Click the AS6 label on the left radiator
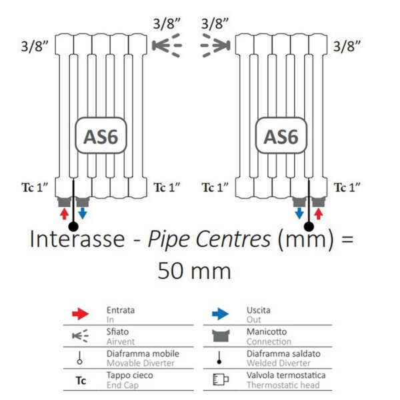point(101,136)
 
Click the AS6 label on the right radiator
point(281,136)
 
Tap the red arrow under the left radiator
point(65,213)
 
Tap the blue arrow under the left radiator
point(81,213)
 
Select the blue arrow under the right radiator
point(300,213)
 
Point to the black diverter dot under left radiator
point(73,227)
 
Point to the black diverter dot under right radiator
point(309,227)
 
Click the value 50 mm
point(194,271)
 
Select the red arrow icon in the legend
point(80,313)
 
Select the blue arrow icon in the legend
point(220,313)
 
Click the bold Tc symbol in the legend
point(81,381)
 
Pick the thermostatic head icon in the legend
point(220,381)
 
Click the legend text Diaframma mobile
point(135,354)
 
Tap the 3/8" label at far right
point(347,46)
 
